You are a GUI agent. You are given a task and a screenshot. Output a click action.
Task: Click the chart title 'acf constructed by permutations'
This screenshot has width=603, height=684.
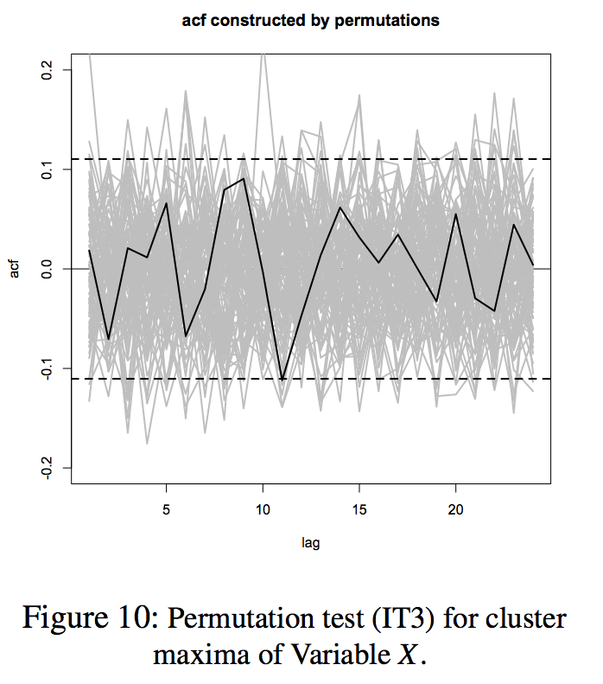[x=310, y=21]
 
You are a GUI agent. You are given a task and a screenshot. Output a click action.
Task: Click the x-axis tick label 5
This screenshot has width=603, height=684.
[x=166, y=510]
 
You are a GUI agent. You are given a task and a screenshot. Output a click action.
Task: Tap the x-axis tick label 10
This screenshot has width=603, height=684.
[x=263, y=510]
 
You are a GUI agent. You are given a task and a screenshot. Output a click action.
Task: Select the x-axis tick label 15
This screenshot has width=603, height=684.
[x=359, y=510]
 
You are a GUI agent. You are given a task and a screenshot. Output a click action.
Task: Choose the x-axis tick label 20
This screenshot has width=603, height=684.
[x=456, y=510]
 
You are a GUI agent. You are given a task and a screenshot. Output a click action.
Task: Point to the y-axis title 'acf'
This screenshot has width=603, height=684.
[x=15, y=269]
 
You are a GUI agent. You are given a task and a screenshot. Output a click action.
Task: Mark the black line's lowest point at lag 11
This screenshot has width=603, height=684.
[x=282, y=380]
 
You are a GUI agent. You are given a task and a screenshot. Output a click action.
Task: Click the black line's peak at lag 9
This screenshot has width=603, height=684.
[x=244, y=179]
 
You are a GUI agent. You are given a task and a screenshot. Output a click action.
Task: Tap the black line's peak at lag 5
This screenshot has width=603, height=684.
[x=166, y=203]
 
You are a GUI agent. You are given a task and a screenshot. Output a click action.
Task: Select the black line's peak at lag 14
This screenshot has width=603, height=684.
[x=340, y=208]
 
